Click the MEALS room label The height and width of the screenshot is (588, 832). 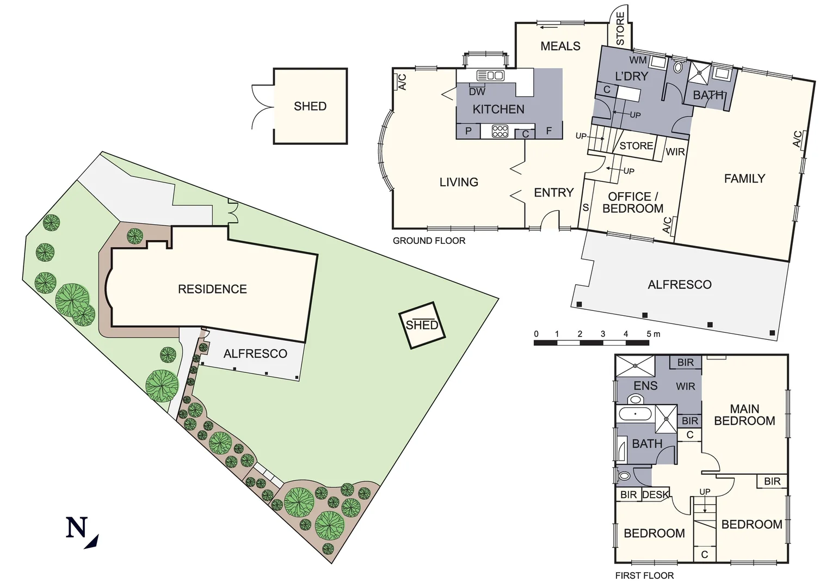pos(560,46)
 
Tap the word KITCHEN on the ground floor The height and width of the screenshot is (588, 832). pos(498,109)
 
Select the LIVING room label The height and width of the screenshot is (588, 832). pos(459,182)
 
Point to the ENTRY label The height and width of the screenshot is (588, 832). pos(553,193)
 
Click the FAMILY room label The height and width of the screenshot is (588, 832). pos(744,179)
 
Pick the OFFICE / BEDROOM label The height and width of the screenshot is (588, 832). pos(633,203)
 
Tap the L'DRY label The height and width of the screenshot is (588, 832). pos(631,76)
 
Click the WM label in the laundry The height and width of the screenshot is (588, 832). pos(638,60)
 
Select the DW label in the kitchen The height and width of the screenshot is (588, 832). pos(477,92)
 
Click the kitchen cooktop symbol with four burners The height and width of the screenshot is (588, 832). pos(500,131)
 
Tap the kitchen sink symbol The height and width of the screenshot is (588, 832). pos(490,76)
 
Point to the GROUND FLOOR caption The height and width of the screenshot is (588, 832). pos(429,241)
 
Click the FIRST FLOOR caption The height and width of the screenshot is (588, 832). pos(644,575)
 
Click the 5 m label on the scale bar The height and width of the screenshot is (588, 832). pos(653,334)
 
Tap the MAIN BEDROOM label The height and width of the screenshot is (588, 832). pos(744,415)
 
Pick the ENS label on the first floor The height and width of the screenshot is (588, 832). pos(645,386)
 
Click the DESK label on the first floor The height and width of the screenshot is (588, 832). pos(655,495)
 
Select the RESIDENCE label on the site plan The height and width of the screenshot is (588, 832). pos(212,289)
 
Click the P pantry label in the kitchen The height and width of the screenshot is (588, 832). pos(468,131)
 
